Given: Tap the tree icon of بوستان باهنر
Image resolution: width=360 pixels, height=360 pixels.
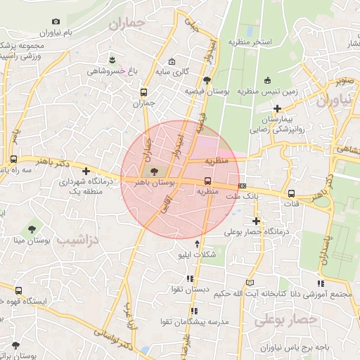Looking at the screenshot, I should [x=154, y=172].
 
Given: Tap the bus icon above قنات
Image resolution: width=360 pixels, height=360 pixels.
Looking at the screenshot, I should [x=291, y=193].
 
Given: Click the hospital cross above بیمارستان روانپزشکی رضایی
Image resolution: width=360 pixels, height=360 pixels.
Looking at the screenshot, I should [x=278, y=108].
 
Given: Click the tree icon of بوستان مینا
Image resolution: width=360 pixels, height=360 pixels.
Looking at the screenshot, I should [x=31, y=229].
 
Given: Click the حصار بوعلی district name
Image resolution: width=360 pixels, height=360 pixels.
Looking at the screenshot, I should [x=286, y=320].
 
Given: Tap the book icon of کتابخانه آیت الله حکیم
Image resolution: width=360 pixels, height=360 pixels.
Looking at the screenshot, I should [x=243, y=283].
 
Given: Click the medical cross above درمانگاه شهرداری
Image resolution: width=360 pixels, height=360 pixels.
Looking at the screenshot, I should [x=86, y=171].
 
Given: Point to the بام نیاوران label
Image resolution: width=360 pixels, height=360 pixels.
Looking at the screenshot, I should [x=57, y=32].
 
